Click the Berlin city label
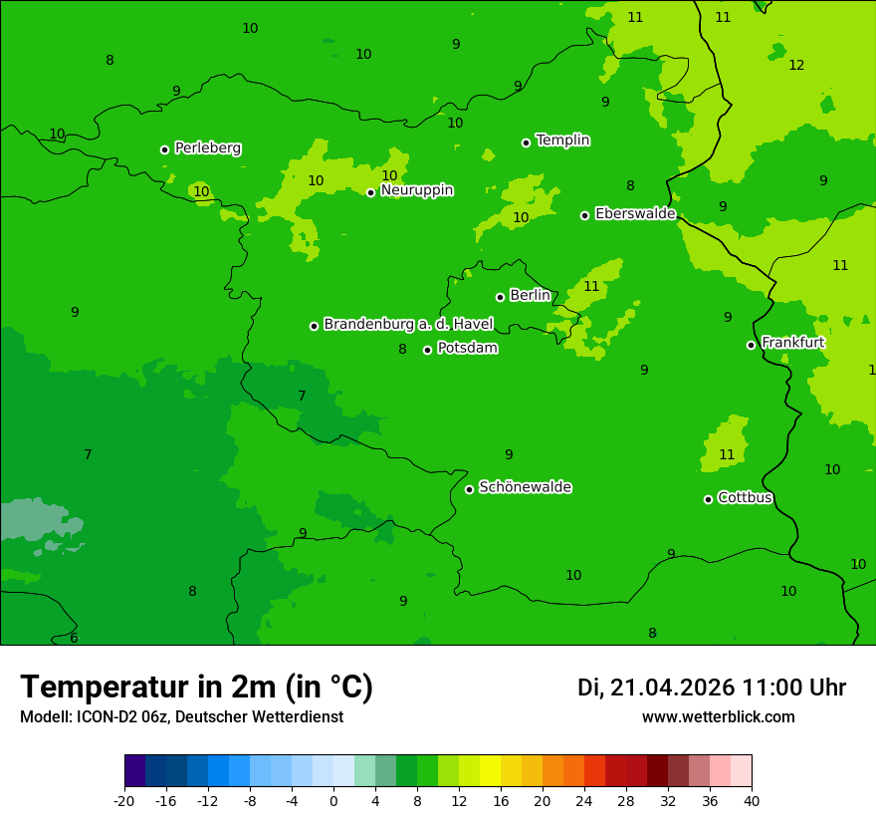pos(530,295)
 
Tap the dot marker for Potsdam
pos(427,350)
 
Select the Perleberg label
pos(207,148)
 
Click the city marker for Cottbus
pos(708,499)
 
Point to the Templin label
pos(562,140)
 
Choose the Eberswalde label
pos(635,213)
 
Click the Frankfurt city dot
pos(751,345)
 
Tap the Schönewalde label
pos(525,487)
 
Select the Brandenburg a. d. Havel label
pos(408,324)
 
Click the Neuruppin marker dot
pos(370,192)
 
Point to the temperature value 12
pos(796,65)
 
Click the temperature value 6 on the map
pos(74,638)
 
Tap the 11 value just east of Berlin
pos(591,286)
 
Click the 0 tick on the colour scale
pos(333,800)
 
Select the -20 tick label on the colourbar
pos(124,800)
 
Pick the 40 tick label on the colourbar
pos(752,800)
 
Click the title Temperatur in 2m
pos(196,687)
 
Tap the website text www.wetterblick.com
pos(718,716)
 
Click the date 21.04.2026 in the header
pos(672,688)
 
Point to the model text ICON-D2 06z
pos(124,716)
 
